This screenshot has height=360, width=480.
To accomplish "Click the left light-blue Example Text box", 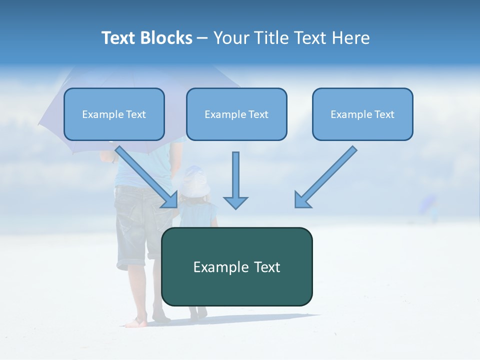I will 114,114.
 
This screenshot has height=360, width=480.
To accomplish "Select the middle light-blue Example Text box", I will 236,114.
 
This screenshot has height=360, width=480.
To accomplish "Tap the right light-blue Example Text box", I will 362,114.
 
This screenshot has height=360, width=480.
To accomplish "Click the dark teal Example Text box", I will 236,266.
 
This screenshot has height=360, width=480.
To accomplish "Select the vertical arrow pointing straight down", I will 235,180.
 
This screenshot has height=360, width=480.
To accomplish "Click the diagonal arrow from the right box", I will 325,177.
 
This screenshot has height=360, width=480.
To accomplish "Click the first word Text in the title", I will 119,38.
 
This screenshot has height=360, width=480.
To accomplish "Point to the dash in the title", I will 202,38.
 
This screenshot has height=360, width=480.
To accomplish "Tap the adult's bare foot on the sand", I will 135,323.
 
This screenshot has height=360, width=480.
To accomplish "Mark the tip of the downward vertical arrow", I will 235,207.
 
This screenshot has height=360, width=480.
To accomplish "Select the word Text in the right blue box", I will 384,114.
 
